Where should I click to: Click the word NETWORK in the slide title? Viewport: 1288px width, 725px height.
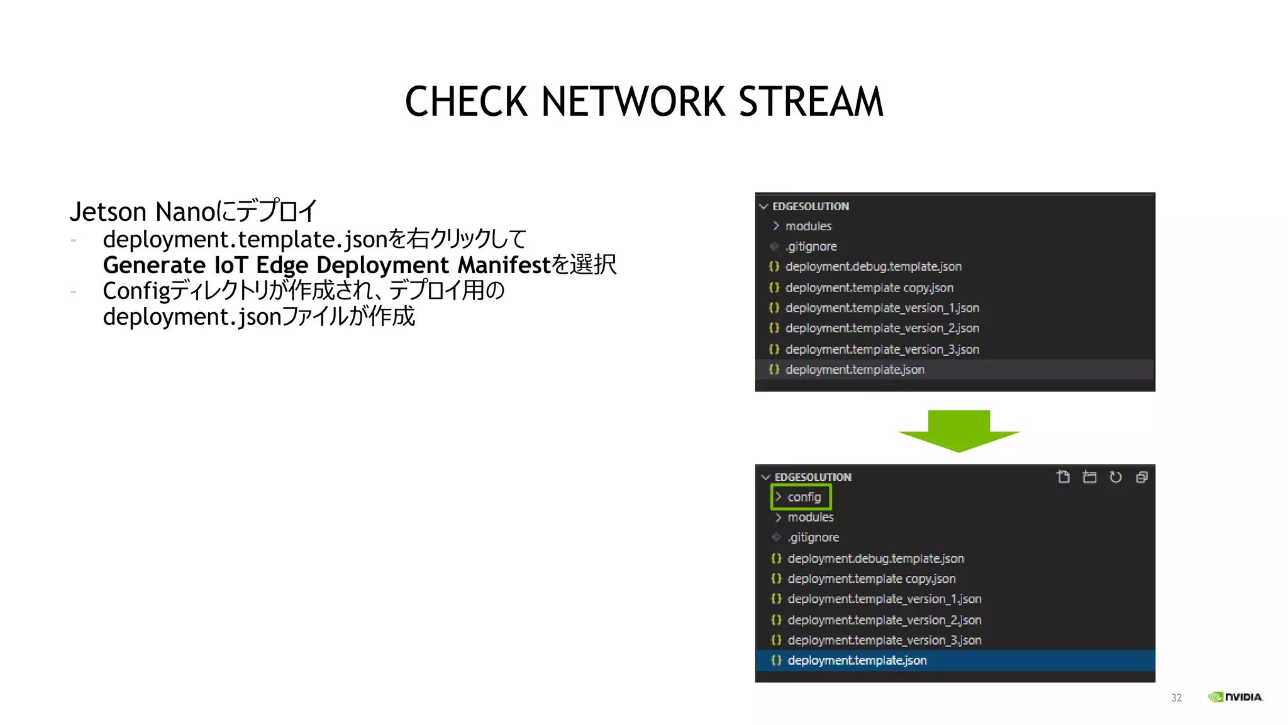point(633,102)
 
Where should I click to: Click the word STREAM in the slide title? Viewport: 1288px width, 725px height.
point(811,102)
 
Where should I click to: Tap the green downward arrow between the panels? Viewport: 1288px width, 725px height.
point(958,431)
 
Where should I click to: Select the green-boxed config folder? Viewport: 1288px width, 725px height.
point(801,497)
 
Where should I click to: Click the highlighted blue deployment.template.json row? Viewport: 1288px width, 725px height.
point(857,660)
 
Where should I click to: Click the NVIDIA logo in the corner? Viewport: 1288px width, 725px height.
point(1235,697)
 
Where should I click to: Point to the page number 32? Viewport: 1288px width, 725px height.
point(1176,698)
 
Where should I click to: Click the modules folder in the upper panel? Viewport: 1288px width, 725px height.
point(808,226)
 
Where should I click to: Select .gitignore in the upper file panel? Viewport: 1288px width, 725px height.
point(811,246)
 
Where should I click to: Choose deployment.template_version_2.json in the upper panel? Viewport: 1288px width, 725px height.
point(882,329)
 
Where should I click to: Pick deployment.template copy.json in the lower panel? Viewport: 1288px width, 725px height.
point(871,578)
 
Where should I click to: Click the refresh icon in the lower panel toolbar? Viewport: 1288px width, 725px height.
point(1116,477)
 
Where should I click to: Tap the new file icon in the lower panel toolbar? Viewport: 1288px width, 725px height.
point(1063,477)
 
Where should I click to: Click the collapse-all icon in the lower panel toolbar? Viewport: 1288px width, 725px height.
point(1142,477)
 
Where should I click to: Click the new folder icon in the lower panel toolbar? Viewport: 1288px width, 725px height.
point(1089,477)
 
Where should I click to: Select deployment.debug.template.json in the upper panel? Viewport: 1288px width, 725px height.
point(873,267)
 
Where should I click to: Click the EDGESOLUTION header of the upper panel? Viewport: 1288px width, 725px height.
point(810,206)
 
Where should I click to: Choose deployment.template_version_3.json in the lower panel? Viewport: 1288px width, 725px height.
point(884,640)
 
